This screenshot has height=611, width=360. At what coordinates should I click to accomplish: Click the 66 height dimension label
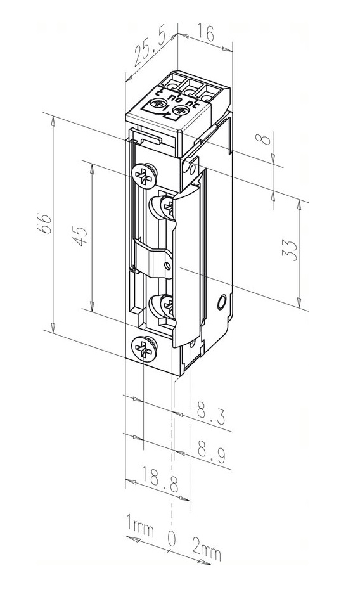click(x=46, y=223)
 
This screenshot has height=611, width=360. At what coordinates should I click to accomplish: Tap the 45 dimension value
click(x=80, y=236)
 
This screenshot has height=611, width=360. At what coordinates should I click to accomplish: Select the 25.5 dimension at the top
click(x=149, y=48)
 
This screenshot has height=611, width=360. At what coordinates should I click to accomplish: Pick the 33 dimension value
click(x=290, y=250)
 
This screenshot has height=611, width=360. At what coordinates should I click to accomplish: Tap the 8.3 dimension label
click(x=211, y=415)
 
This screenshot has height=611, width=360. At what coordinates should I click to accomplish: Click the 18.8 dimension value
click(x=159, y=479)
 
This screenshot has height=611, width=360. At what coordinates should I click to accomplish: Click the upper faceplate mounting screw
click(x=144, y=175)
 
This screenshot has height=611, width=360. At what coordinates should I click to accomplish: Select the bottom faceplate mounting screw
click(x=144, y=347)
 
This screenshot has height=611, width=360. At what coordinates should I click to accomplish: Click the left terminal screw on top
click(x=159, y=104)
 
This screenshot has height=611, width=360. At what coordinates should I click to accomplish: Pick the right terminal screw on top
click(x=179, y=111)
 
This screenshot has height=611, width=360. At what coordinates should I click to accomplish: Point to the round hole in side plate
click(x=222, y=302)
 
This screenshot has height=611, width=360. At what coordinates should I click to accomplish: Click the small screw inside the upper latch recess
click(x=167, y=206)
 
